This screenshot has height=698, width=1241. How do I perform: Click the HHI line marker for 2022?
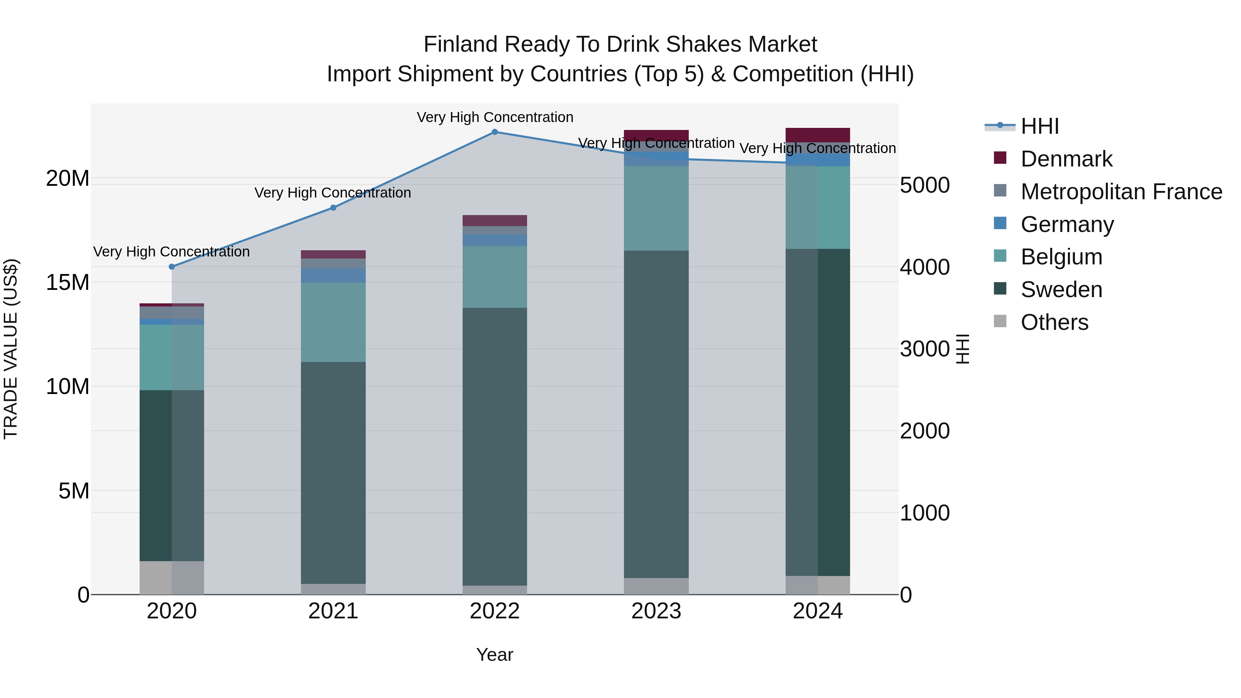tap(494, 132)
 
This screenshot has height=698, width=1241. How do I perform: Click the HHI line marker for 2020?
tap(172, 266)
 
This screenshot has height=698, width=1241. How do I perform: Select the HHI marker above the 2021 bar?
tap(333, 208)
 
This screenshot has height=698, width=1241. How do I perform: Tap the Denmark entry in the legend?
tap(1066, 159)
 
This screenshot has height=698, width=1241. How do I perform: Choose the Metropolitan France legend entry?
tap(1121, 192)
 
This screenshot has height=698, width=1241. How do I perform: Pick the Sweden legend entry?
tap(1061, 290)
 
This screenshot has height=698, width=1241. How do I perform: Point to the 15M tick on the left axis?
tap(68, 282)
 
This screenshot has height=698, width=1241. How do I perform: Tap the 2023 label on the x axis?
tap(656, 611)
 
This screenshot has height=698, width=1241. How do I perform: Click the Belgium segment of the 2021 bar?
tap(333, 322)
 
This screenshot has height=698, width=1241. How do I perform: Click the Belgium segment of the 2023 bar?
tap(656, 208)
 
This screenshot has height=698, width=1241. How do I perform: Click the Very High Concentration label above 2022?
tap(495, 117)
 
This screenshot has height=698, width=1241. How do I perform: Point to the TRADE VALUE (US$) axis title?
tap(11, 349)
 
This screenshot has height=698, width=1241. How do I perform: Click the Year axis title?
tap(494, 655)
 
